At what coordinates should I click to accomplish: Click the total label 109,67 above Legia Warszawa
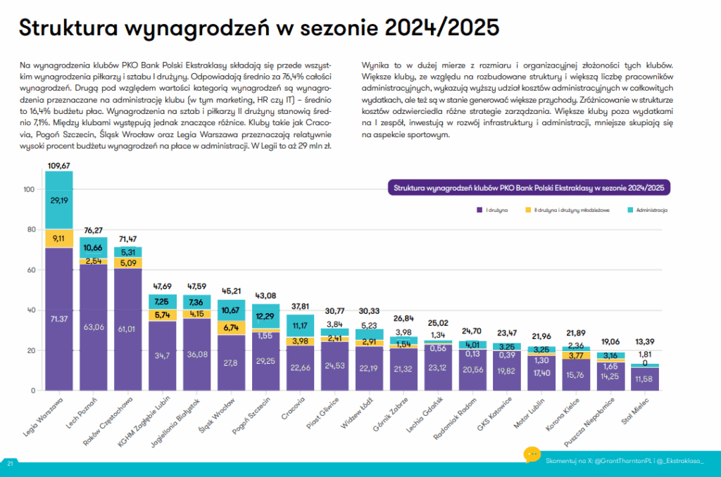tap(58, 165)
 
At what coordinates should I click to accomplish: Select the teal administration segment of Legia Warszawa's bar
tap(59, 200)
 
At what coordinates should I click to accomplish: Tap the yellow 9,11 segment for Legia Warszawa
tap(59, 238)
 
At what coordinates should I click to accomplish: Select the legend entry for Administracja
tap(647, 210)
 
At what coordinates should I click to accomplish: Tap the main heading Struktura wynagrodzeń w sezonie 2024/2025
tap(258, 28)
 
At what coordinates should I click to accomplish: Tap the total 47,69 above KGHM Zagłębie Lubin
tap(162, 287)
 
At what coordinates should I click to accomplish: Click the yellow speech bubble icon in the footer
tap(532, 454)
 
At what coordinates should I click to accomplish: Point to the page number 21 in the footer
tap(11, 464)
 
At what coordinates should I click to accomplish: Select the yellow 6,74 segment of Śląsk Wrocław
tap(231, 327)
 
